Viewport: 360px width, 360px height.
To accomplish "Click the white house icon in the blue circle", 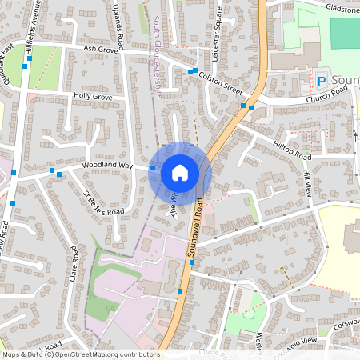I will pyautogui.click(x=180, y=172).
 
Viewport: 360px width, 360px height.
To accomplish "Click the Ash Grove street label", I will pyautogui.click(x=101, y=50).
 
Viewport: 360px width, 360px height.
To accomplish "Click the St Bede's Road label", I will pyautogui.click(x=104, y=202).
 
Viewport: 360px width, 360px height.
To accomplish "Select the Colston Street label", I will pyautogui.click(x=221, y=81).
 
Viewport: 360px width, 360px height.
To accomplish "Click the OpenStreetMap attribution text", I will pyautogui.click(x=80, y=354).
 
